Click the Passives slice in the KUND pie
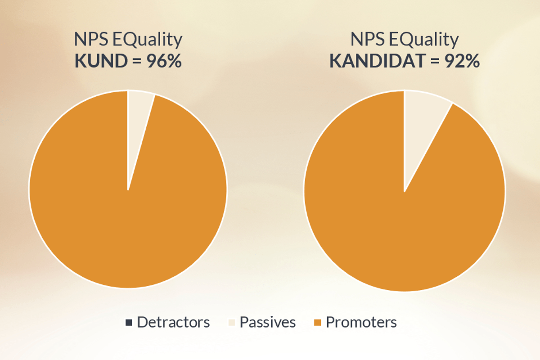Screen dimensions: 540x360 tap(137, 121)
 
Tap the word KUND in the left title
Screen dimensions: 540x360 tap(101, 61)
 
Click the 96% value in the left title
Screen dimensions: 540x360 tap(164, 61)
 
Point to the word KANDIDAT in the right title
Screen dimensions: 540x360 tap(377, 61)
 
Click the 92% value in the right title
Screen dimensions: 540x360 tap(462, 61)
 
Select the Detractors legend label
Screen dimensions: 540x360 tap(173, 322)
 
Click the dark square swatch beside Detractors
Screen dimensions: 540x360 tap(129, 323)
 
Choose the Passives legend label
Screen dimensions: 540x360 tap(268, 322)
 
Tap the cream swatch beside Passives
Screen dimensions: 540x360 tap(232, 323)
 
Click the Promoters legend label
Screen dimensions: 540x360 tap(361, 322)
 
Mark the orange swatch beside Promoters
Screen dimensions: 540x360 tap(318, 323)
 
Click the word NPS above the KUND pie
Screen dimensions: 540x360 tap(91, 39)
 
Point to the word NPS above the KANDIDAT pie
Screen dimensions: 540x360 tap(368, 39)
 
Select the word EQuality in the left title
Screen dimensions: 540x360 tap(148, 40)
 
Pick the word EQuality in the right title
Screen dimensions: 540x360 tap(424, 40)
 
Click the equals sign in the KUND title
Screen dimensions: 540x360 tap(137, 61)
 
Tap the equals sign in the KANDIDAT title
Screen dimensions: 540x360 tap(435, 61)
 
